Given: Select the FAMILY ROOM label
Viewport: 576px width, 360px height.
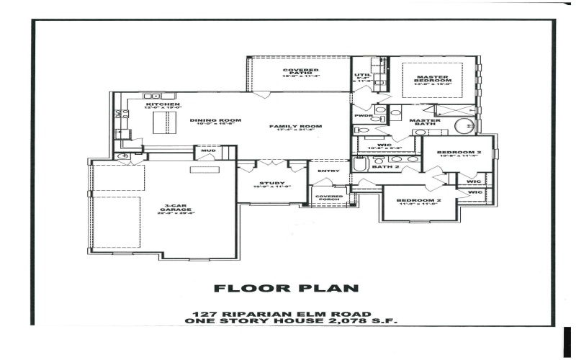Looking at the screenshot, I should [x=295, y=126].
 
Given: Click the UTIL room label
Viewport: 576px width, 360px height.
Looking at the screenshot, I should [x=361, y=75].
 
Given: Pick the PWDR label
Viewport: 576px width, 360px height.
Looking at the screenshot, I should [x=362, y=115].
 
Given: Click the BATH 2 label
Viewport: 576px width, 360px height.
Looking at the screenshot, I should [x=386, y=167].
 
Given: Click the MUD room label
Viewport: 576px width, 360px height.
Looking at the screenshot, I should [x=208, y=151].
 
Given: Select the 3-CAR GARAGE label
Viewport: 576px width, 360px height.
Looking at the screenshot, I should [x=171, y=208].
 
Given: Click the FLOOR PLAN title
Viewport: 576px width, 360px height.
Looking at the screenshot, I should [x=287, y=289].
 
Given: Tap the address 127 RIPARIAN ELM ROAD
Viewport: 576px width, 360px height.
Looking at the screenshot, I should [x=282, y=314].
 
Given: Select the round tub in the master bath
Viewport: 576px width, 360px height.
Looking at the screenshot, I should [x=464, y=126].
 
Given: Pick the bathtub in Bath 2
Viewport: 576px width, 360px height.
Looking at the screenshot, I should [x=360, y=163].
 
